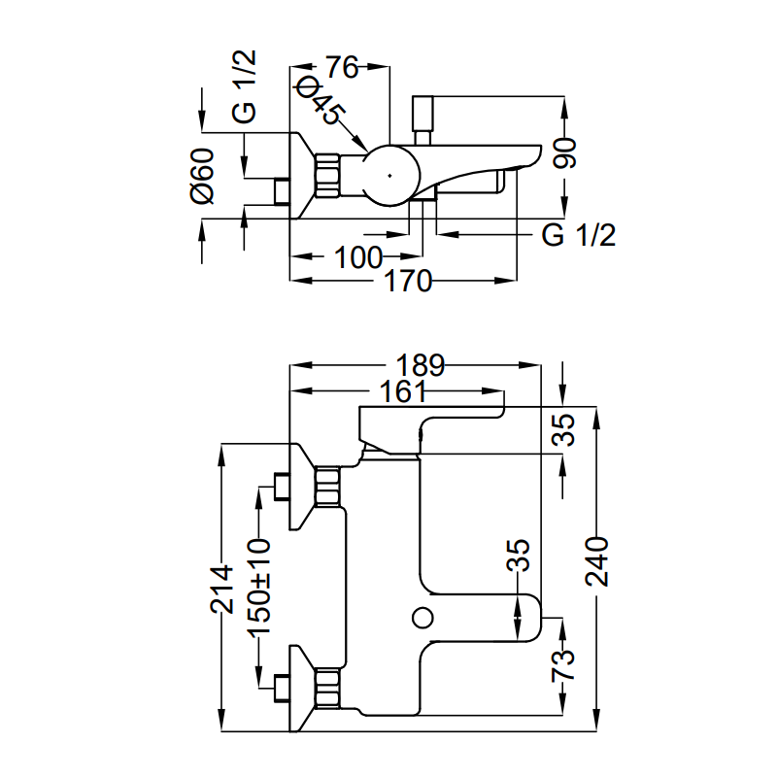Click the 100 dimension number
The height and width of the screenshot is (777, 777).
tap(357, 257)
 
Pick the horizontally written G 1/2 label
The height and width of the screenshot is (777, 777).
tap(579, 234)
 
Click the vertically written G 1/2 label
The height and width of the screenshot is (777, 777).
tap(246, 87)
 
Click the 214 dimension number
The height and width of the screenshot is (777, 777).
tap(223, 589)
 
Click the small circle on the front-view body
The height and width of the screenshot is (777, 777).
tap(422, 616)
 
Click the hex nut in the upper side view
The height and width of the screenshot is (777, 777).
tap(326, 176)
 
